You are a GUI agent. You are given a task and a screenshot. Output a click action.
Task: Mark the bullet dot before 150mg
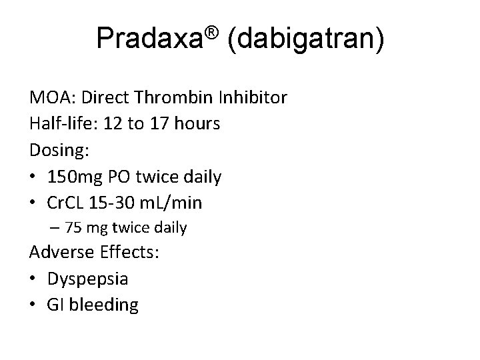click(x=34, y=177)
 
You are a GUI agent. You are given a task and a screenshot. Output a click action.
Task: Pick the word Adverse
click(x=61, y=253)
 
